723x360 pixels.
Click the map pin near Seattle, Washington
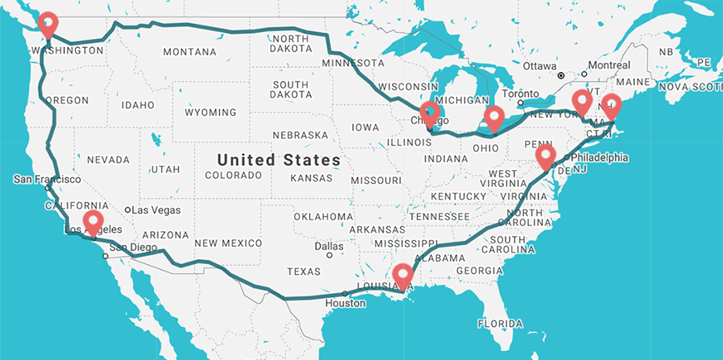[47, 24]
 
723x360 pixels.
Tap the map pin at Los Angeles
[92, 221]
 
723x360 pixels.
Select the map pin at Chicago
[429, 113]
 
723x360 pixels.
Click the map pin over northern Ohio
[494, 117]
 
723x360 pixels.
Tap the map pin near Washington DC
[545, 155]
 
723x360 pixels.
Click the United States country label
[278, 160]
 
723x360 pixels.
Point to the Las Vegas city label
[157, 210]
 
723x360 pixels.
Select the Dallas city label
[330, 246]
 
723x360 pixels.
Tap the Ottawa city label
[540, 66]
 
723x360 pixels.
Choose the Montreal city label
[609, 65]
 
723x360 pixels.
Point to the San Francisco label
[47, 179]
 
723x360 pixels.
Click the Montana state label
[189, 52]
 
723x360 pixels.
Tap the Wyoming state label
[210, 112]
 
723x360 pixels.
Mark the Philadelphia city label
[599, 157]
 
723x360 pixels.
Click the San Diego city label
[129, 247]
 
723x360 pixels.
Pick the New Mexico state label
[228, 243]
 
